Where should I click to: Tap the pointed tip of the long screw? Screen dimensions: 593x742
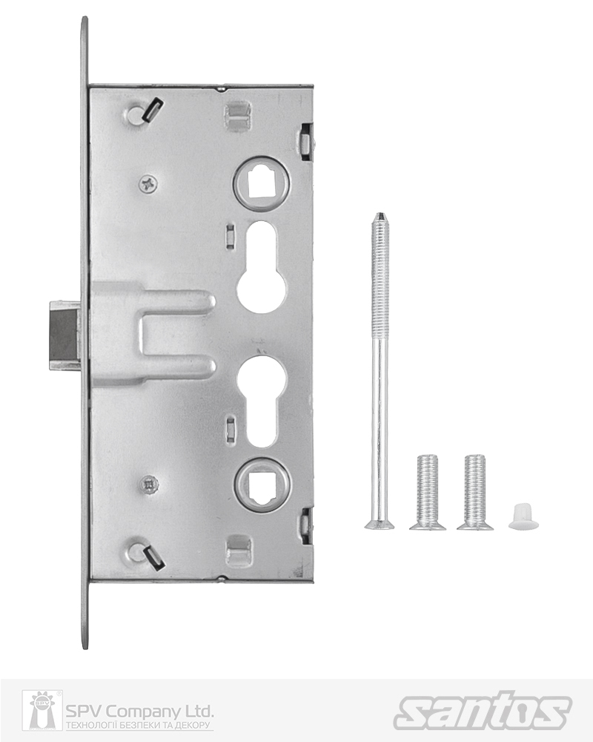[x=380, y=214]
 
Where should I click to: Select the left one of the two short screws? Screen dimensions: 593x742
[x=428, y=493]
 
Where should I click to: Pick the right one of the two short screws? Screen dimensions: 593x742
[x=475, y=493]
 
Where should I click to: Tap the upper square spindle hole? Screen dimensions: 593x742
[x=261, y=183]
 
